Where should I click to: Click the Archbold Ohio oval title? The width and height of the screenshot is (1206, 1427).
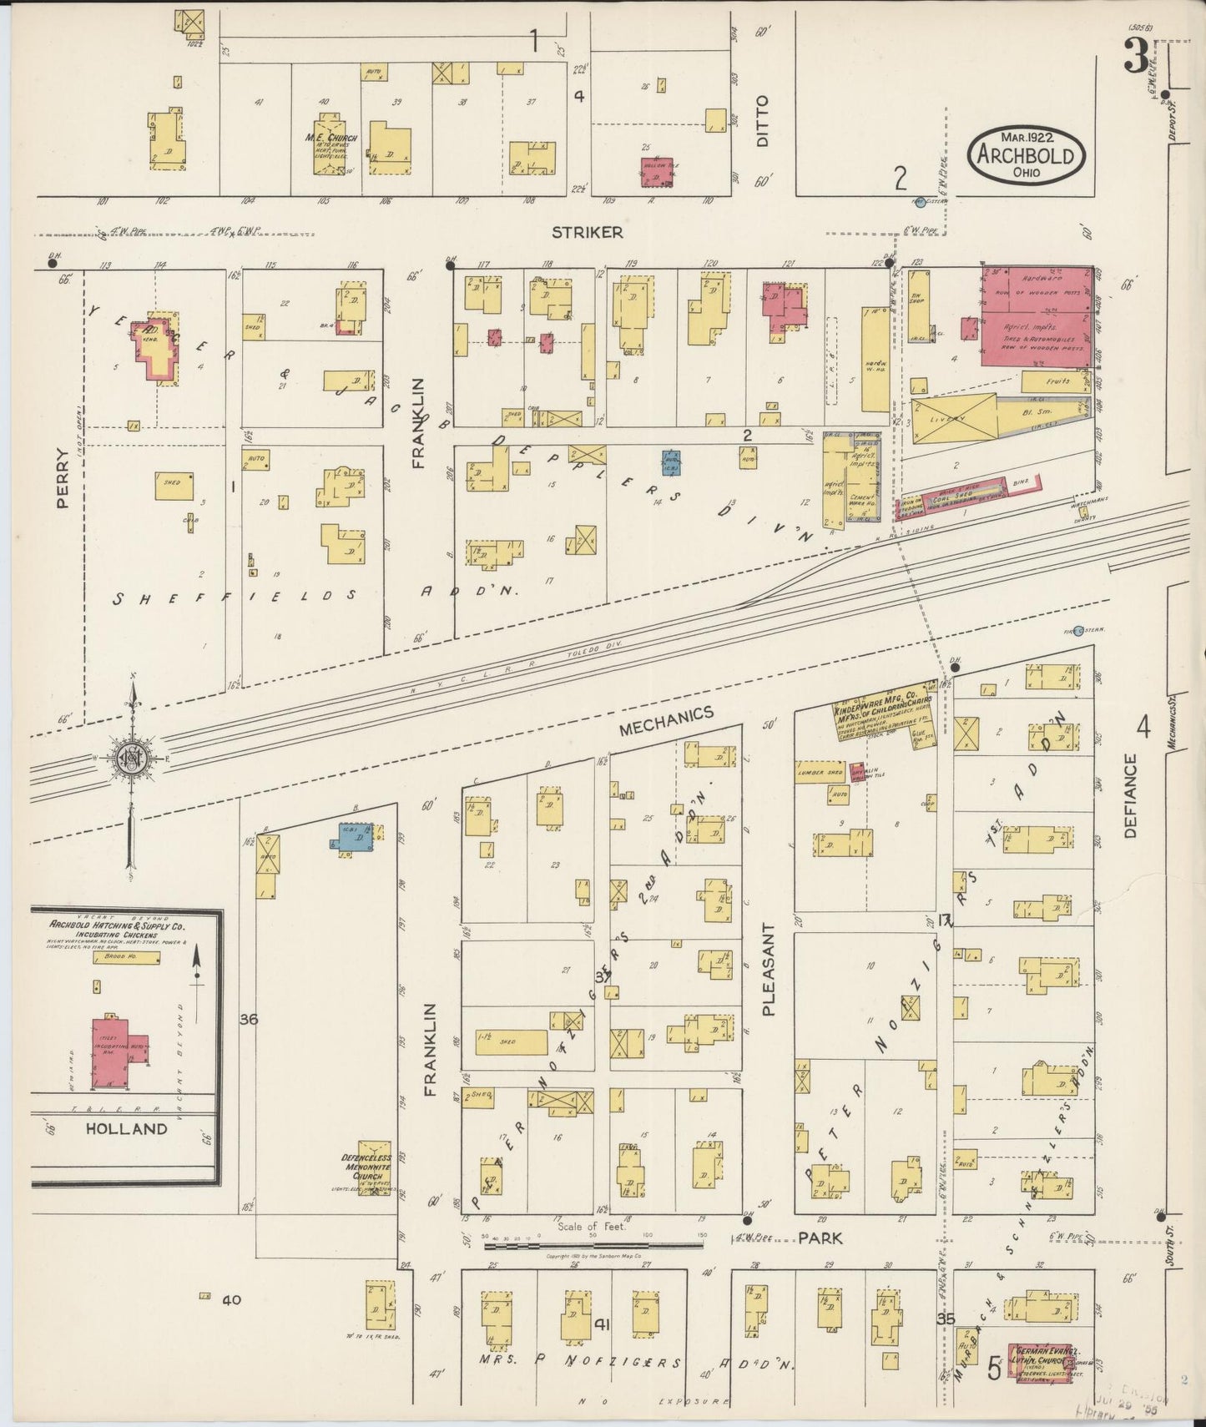1026,155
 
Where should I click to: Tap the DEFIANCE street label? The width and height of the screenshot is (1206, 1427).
1131,794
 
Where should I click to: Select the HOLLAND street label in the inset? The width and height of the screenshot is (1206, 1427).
127,1128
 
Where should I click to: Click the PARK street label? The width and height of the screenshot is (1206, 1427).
820,1238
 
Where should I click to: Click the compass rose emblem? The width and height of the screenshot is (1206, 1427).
131,757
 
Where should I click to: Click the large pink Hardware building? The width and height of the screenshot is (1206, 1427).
1036,315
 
